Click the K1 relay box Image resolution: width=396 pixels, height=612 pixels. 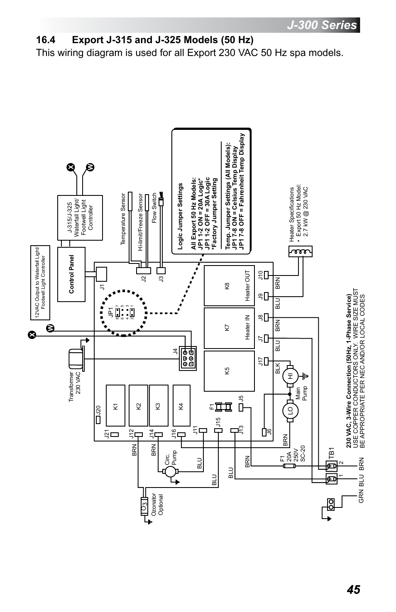[116, 405]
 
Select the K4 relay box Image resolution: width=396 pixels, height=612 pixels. [181, 405]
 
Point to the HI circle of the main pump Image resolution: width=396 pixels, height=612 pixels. [290, 375]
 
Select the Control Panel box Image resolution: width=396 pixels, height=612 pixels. [71, 274]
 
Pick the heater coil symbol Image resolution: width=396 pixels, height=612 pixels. [300, 252]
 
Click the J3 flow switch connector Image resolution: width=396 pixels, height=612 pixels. [161, 270]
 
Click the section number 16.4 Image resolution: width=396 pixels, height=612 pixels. [46, 40]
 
